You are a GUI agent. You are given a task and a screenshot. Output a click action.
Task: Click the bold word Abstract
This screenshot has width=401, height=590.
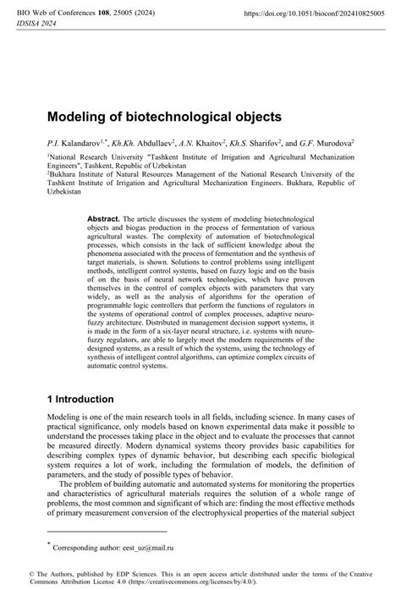pos(103,218)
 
